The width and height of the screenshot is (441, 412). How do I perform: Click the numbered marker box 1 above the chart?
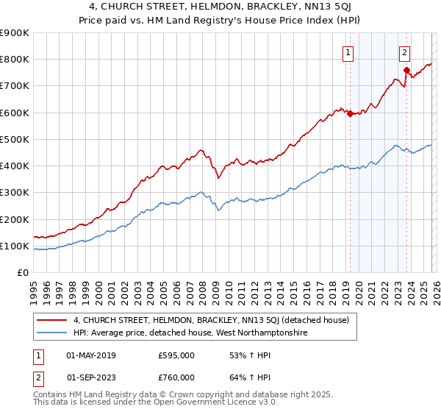(x=347, y=52)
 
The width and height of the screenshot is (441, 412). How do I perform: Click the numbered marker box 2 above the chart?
(x=405, y=52)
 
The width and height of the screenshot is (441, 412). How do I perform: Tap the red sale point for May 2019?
(x=350, y=113)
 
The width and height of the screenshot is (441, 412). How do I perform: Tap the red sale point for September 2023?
(x=406, y=70)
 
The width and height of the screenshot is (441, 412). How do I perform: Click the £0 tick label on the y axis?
(x=23, y=273)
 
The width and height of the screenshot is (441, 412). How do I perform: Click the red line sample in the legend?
(x=52, y=320)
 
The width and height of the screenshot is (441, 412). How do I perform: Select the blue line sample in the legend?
(x=52, y=333)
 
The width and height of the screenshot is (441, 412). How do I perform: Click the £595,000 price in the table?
(x=176, y=355)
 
